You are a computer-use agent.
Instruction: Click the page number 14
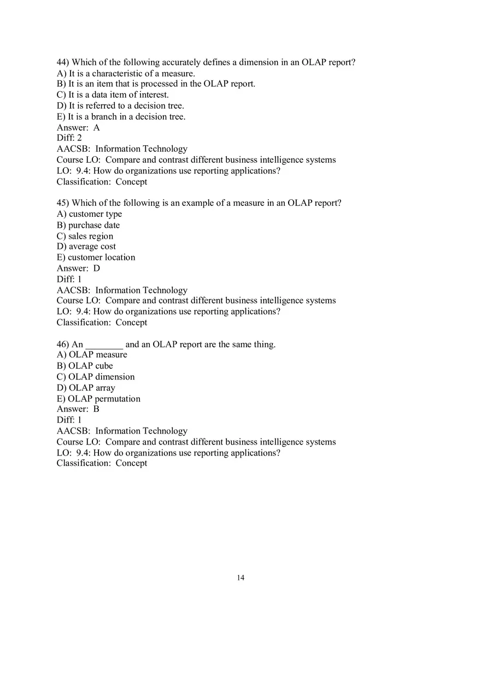(241, 578)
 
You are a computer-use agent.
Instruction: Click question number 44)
(63, 62)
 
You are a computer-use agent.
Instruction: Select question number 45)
(63, 203)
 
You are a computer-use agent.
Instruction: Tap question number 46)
(63, 345)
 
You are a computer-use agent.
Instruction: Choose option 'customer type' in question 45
(95, 214)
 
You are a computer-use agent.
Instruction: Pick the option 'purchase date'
(94, 225)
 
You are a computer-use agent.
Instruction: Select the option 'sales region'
(91, 236)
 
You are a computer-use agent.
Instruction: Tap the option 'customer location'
(101, 257)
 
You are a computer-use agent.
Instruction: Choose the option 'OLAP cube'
(91, 366)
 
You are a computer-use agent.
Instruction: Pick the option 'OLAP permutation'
(104, 399)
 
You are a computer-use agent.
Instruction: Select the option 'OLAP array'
(92, 388)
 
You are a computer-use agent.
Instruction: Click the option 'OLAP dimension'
(101, 377)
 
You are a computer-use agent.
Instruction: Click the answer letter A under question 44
(97, 128)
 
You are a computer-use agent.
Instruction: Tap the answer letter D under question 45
(97, 268)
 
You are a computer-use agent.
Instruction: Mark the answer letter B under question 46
(97, 409)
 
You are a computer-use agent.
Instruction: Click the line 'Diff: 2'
(69, 138)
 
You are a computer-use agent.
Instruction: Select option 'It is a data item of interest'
(119, 94)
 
